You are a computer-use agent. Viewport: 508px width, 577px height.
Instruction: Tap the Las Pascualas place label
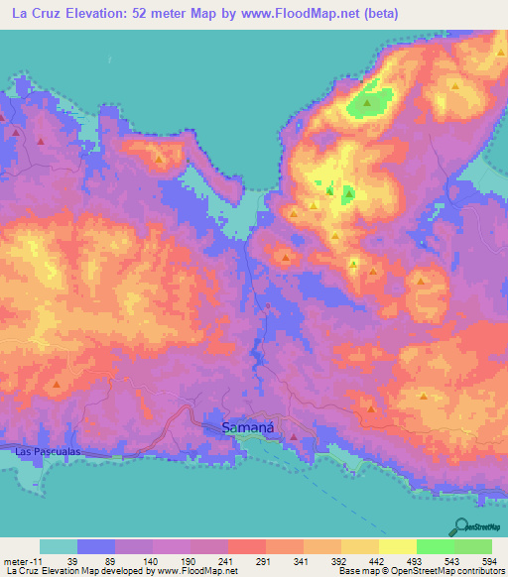point(47,451)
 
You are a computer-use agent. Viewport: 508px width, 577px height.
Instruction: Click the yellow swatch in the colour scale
point(397,546)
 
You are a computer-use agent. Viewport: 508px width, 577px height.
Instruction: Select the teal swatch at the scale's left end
point(59,546)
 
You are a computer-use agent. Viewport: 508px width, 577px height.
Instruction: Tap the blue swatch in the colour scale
point(96,546)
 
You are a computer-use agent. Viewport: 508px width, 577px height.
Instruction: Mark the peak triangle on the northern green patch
point(368,101)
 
